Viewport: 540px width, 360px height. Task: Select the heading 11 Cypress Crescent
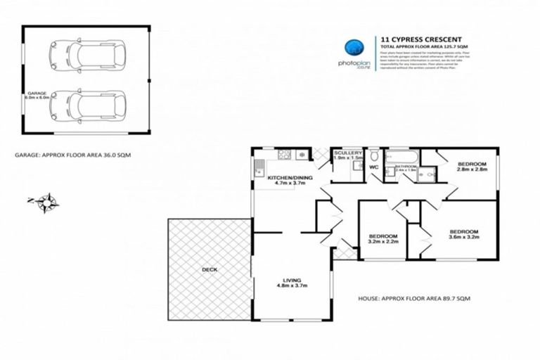(x=411, y=39)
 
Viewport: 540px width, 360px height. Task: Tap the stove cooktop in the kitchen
(x=285, y=154)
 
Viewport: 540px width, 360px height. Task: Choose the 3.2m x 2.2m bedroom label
(x=384, y=238)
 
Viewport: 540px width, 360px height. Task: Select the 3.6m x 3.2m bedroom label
(x=463, y=234)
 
